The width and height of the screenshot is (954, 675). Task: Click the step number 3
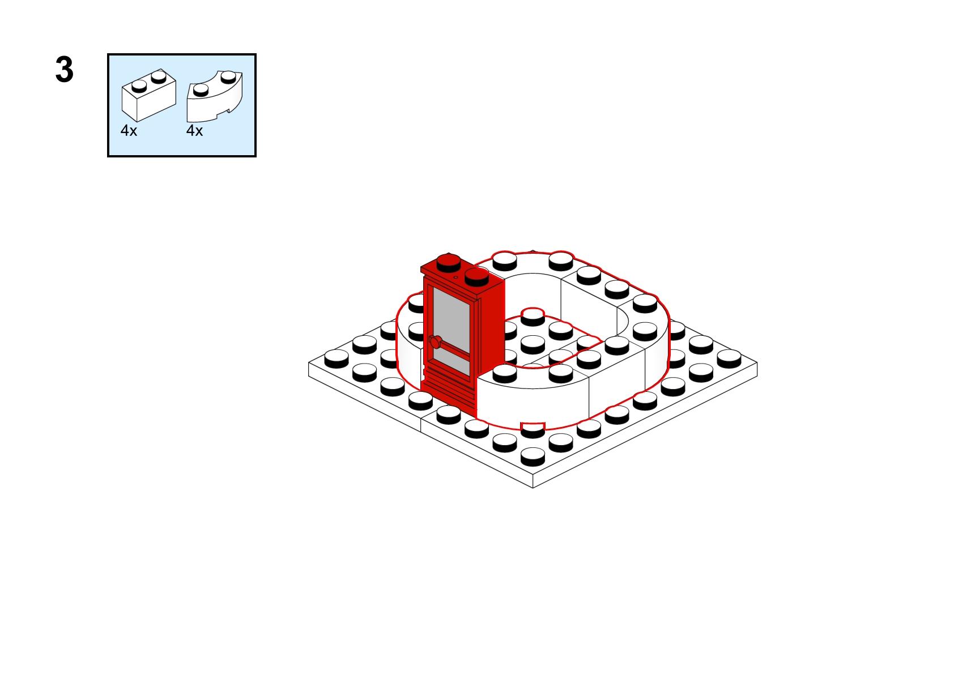tap(65, 70)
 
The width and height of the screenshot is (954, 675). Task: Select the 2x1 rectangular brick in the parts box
tap(148, 95)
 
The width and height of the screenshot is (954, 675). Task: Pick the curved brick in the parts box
tap(215, 96)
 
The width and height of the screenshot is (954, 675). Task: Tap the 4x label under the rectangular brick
tap(129, 131)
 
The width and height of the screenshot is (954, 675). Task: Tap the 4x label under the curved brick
tap(194, 131)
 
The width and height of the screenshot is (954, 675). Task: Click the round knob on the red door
tap(435, 342)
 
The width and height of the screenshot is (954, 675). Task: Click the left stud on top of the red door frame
tap(449, 263)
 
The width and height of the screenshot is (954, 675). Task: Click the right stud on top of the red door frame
tap(476, 277)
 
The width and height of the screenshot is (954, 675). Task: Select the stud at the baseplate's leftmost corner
tap(337, 358)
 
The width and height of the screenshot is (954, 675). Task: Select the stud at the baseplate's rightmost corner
tap(729, 358)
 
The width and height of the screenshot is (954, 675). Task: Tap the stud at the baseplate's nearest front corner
tap(533, 456)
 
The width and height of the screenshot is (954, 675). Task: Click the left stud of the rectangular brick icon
tap(139, 86)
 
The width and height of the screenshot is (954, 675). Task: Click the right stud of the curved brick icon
tap(228, 76)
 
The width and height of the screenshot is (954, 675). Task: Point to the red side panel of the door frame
tap(491, 328)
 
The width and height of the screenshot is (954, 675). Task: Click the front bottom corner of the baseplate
tap(533, 488)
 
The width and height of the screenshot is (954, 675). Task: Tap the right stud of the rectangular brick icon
tap(159, 76)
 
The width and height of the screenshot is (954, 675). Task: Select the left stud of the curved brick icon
tap(201, 90)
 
